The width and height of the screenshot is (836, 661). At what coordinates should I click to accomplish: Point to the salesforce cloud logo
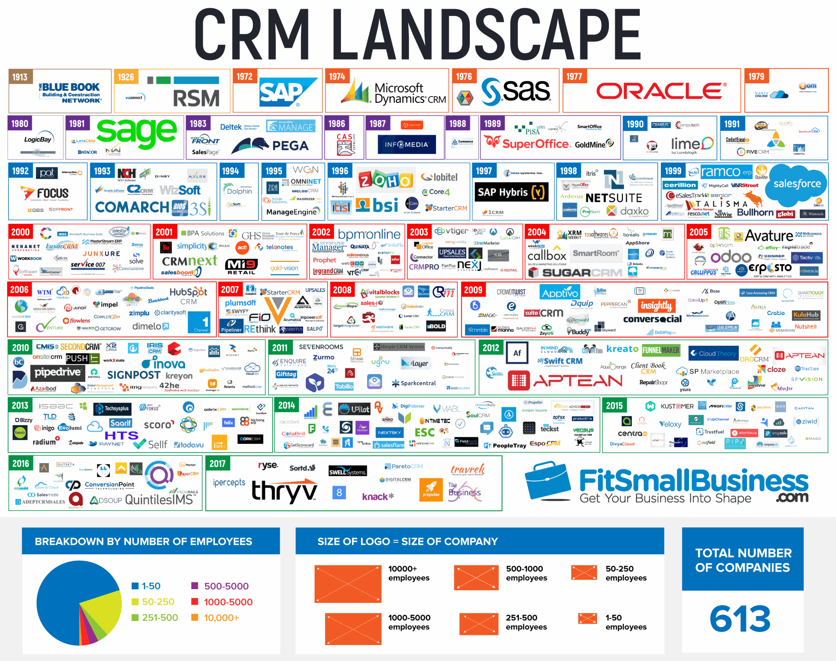[796, 184]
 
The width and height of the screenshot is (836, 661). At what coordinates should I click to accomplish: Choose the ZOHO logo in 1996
[385, 180]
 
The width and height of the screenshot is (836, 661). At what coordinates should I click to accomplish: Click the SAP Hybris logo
[511, 192]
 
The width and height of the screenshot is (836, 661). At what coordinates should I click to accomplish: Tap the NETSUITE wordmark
[614, 198]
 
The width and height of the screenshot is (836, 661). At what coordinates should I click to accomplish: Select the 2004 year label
[537, 232]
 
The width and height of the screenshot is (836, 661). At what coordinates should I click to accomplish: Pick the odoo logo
[730, 257]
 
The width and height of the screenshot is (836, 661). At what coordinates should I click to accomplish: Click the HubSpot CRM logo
[188, 296]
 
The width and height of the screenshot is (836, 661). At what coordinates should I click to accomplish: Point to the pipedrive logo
[58, 372]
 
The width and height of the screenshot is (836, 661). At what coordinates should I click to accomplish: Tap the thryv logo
[284, 491]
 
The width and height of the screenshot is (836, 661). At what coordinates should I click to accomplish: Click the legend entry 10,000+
[221, 618]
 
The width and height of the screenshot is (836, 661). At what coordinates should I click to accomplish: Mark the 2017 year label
[217, 464]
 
